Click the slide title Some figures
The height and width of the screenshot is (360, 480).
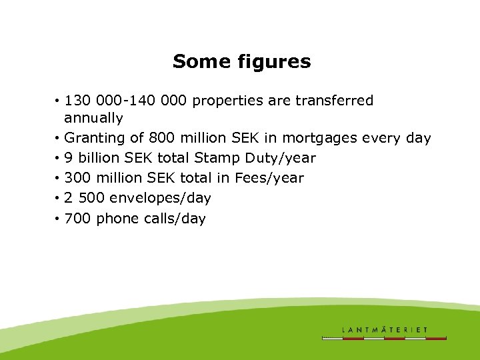pos(241,62)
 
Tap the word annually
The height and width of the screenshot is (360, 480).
pos(93,119)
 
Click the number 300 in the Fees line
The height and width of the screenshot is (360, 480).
pos(78,178)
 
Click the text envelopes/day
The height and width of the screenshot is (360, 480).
pos(160,198)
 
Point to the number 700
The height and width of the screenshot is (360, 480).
pos(78,218)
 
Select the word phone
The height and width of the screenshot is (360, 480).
pos(117,218)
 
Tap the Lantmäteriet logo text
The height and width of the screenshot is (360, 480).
pos(385,329)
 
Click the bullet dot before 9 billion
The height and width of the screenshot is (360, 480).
pos(59,159)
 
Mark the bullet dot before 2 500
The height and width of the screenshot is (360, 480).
pos(59,199)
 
